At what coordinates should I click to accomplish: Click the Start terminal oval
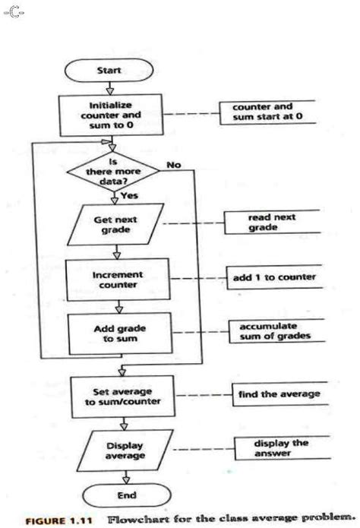(x=112, y=70)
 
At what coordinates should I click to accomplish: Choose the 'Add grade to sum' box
(x=113, y=333)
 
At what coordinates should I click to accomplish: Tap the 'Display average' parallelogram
(x=113, y=450)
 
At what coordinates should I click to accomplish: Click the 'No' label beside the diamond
(x=173, y=164)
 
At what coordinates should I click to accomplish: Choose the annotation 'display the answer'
(x=270, y=447)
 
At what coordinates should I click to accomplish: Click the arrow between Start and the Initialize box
(x=112, y=87)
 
